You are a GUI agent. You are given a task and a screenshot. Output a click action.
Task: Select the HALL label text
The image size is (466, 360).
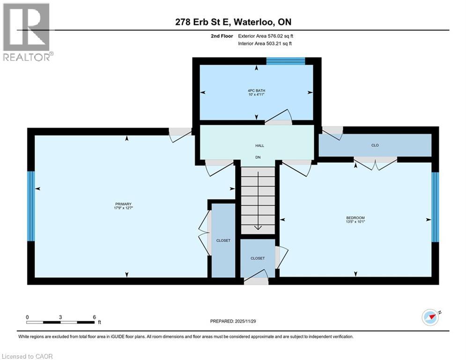click(257, 145)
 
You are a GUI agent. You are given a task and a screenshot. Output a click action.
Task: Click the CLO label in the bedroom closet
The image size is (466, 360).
click(375, 145)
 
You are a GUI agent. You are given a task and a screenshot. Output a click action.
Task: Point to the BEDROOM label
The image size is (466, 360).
click(355, 218)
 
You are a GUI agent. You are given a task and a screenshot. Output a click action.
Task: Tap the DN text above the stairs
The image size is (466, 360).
click(257, 157)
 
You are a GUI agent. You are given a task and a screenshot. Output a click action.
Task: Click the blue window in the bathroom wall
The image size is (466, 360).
click(286, 60)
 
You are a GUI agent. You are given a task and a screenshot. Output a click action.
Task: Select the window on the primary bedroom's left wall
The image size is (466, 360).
click(31, 206)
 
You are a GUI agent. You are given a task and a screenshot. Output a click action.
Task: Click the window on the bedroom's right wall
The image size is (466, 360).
click(435, 207)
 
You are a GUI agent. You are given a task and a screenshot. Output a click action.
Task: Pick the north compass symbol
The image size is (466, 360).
click(431, 317)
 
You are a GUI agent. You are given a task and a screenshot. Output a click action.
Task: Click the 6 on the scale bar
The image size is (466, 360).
click(94, 317)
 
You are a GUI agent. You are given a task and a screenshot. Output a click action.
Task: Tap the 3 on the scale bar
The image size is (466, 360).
click(60, 317)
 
